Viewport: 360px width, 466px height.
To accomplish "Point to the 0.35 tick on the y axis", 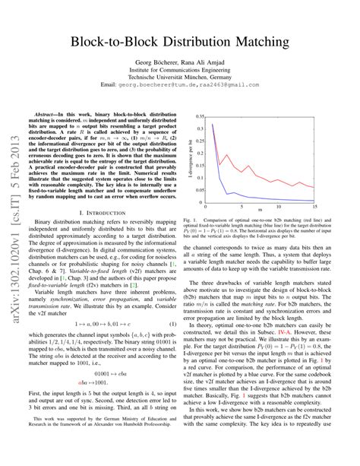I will [198, 117].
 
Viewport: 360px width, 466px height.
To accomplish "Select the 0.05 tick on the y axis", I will [198, 189].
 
